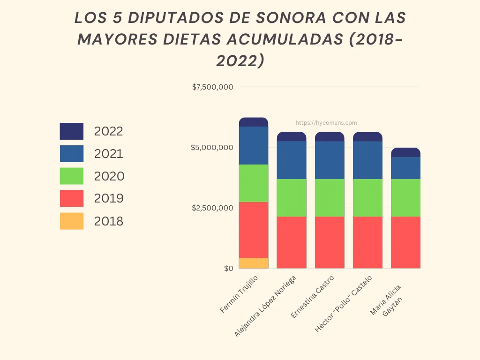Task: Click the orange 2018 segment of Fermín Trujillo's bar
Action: [254, 263]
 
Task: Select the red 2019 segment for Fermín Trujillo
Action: [254, 230]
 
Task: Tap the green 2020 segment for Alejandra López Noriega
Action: [292, 198]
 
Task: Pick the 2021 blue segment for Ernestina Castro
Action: [330, 160]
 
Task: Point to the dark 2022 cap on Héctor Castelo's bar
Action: [367, 136]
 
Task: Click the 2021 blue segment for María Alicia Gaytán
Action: [405, 168]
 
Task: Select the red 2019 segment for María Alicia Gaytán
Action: [405, 242]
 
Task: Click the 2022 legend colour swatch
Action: [72, 131]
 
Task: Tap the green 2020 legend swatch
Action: [72, 176]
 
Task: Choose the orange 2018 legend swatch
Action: [72, 221]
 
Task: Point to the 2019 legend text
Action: [109, 199]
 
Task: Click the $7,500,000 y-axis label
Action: [213, 87]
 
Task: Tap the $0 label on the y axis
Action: [228, 269]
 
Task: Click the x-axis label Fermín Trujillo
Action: [239, 294]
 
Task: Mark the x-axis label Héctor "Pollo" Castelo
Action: [344, 304]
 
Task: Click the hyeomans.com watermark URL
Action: [326, 123]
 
